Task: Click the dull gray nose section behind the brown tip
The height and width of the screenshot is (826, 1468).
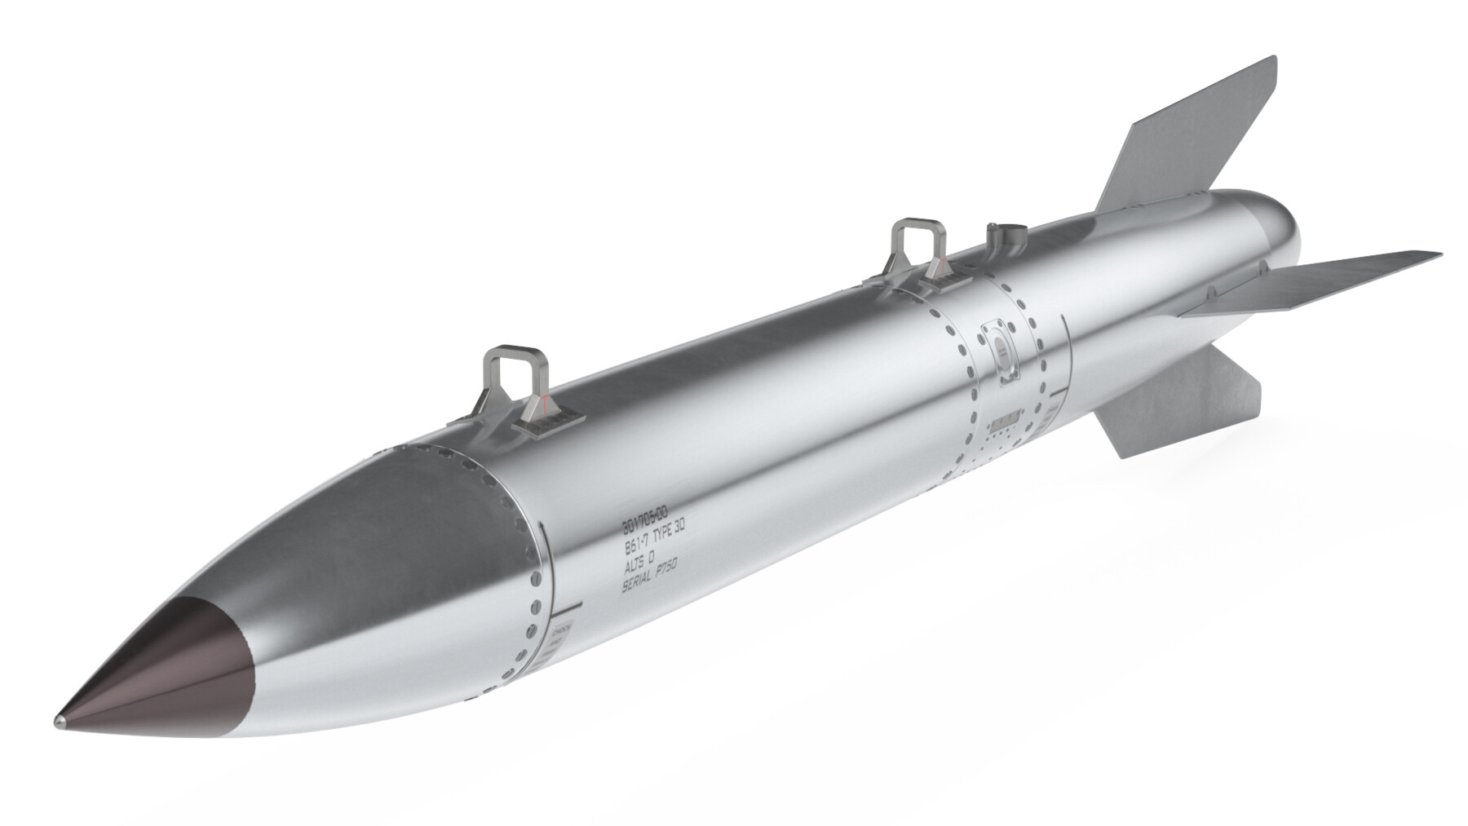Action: [x=391, y=554]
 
